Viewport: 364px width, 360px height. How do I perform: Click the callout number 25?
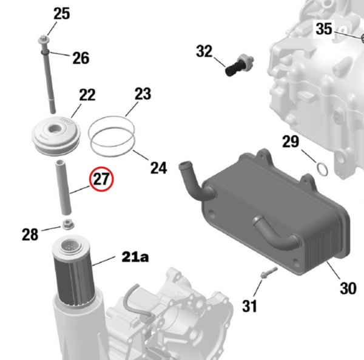click(61, 13)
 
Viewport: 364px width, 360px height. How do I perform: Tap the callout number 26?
click(81, 58)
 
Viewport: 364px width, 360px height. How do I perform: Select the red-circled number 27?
click(101, 179)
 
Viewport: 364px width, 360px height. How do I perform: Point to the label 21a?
click(135, 257)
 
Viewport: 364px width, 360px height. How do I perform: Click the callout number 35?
click(324, 29)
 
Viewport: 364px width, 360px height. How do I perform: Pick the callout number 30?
click(348, 288)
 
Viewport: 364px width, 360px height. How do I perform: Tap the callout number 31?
click(249, 306)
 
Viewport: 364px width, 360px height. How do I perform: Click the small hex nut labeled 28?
click(67, 225)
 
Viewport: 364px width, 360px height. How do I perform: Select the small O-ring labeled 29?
click(323, 169)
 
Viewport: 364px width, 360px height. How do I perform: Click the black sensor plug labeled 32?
click(239, 65)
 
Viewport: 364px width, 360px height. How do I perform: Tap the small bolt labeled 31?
click(269, 273)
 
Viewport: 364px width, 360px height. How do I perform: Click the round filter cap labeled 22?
click(56, 136)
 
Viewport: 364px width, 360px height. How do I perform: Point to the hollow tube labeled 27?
click(62, 187)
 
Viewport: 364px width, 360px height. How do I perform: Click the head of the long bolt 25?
click(44, 41)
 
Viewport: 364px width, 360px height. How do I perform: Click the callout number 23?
click(143, 93)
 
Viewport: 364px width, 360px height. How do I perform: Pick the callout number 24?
click(158, 168)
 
